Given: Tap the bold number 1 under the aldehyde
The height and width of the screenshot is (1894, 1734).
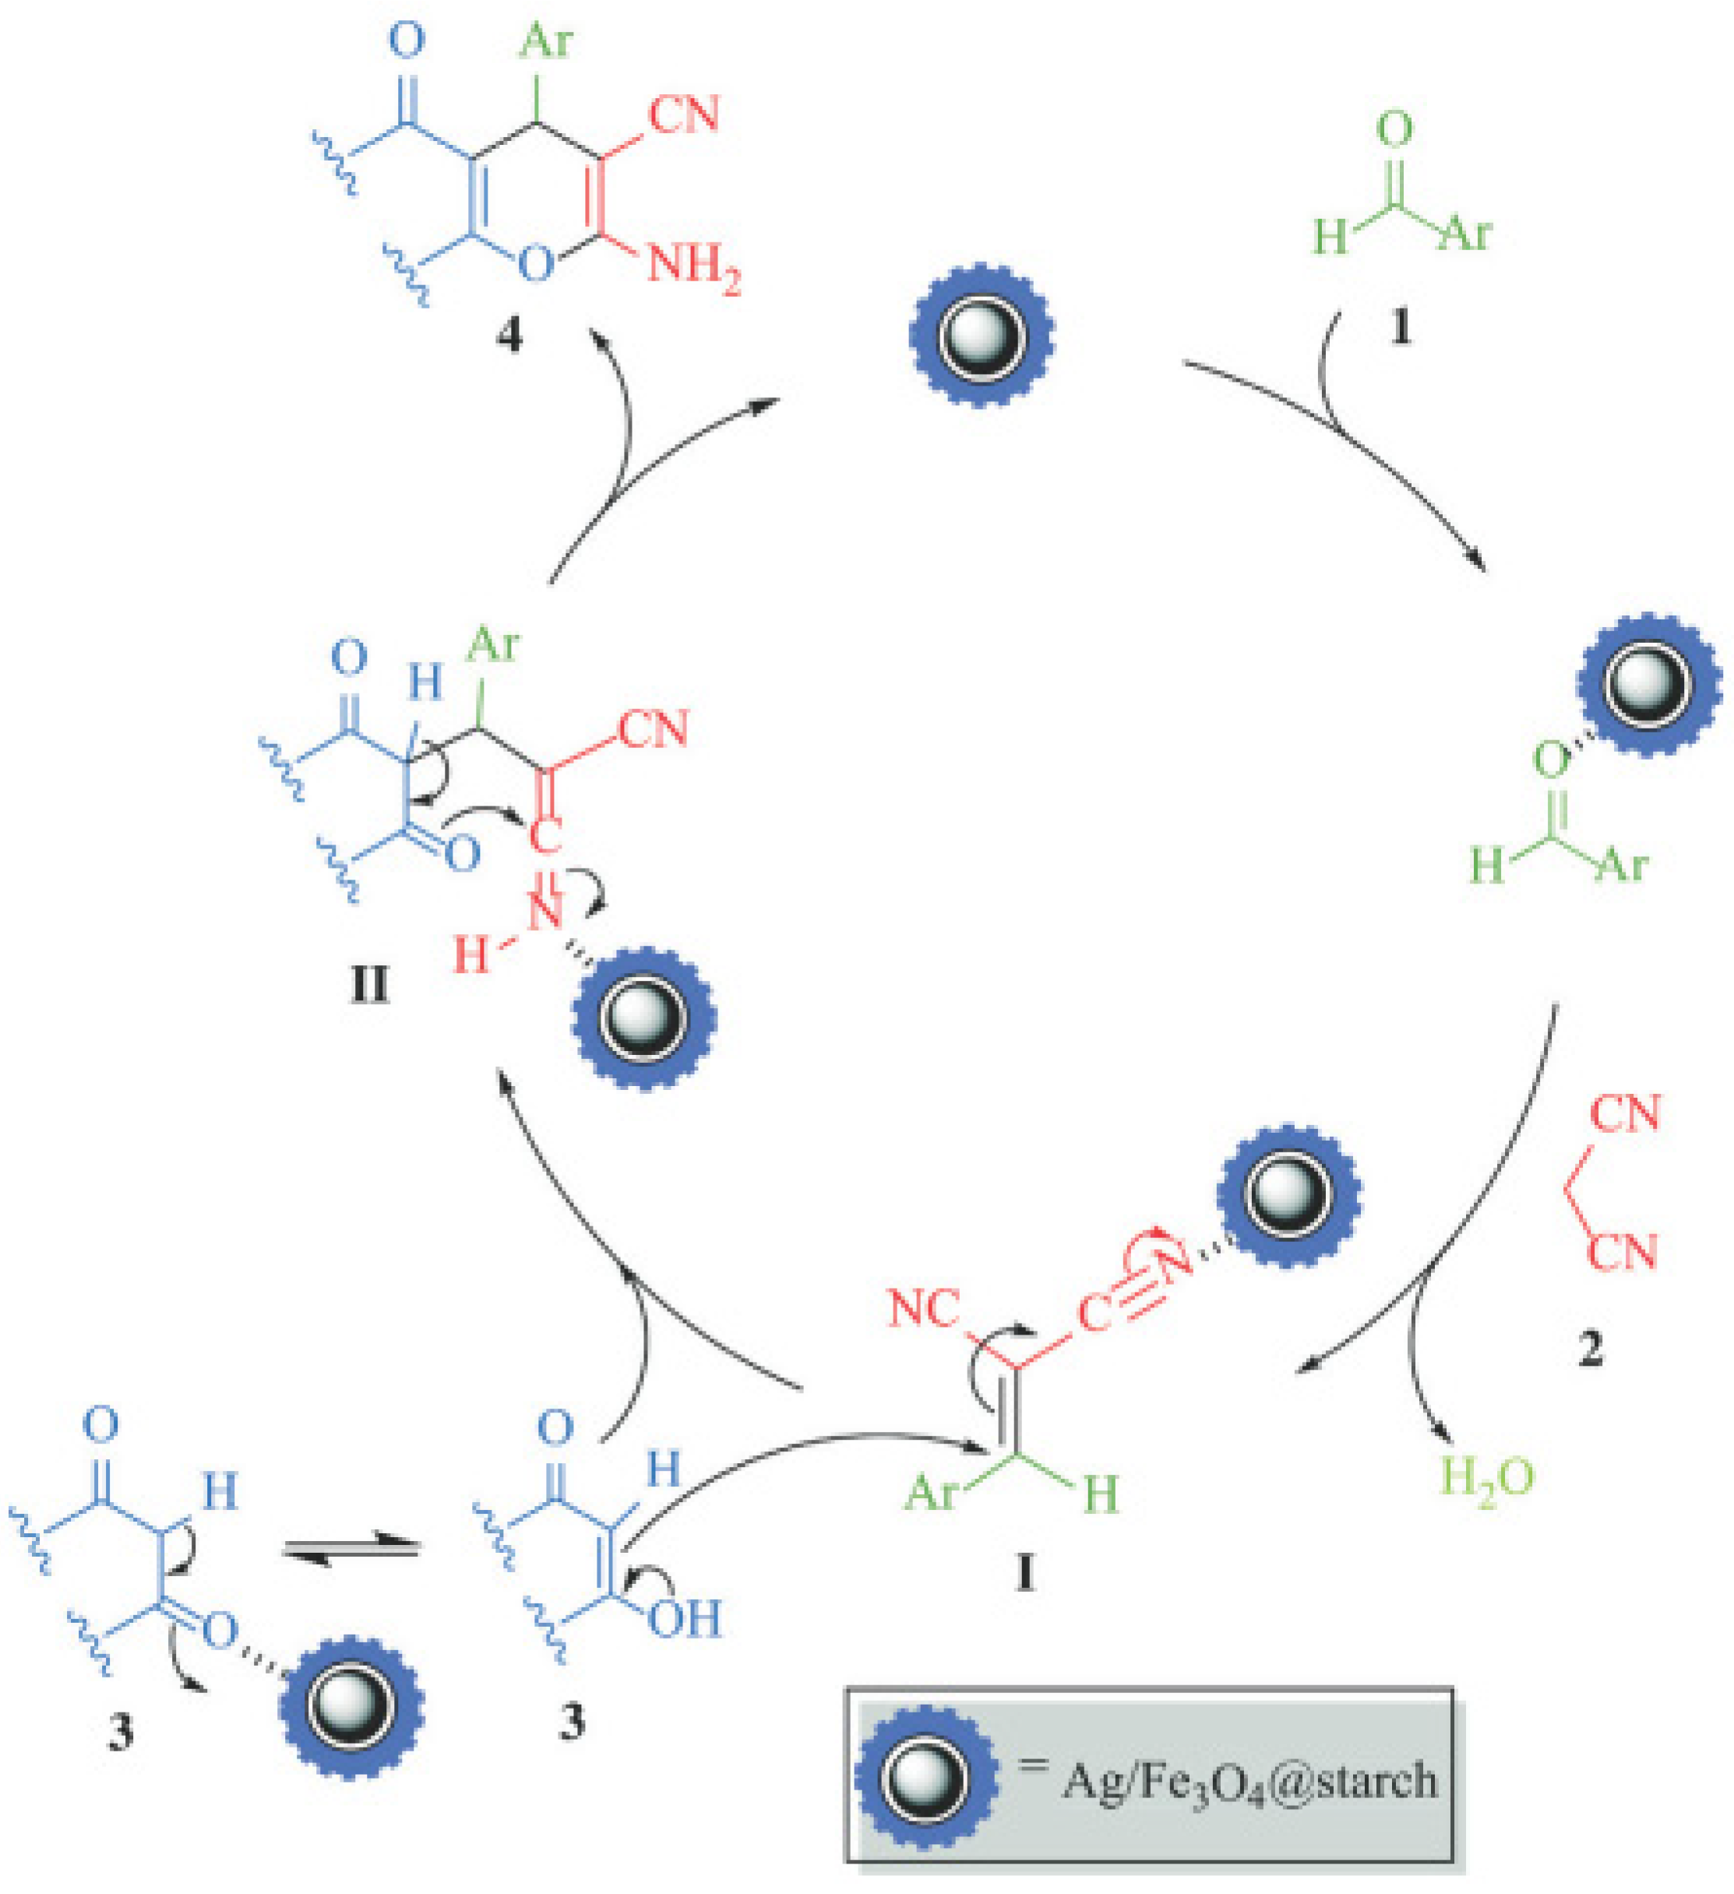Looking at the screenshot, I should tap(1400, 328).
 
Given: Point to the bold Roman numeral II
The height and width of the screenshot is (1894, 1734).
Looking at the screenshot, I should tap(368, 987).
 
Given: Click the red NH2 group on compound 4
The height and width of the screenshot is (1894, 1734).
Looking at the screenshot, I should tap(693, 266).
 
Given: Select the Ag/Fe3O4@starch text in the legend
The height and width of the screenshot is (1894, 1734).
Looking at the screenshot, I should tap(1249, 1781).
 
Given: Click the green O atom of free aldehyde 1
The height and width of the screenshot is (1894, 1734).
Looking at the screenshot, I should tap(1394, 129).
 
